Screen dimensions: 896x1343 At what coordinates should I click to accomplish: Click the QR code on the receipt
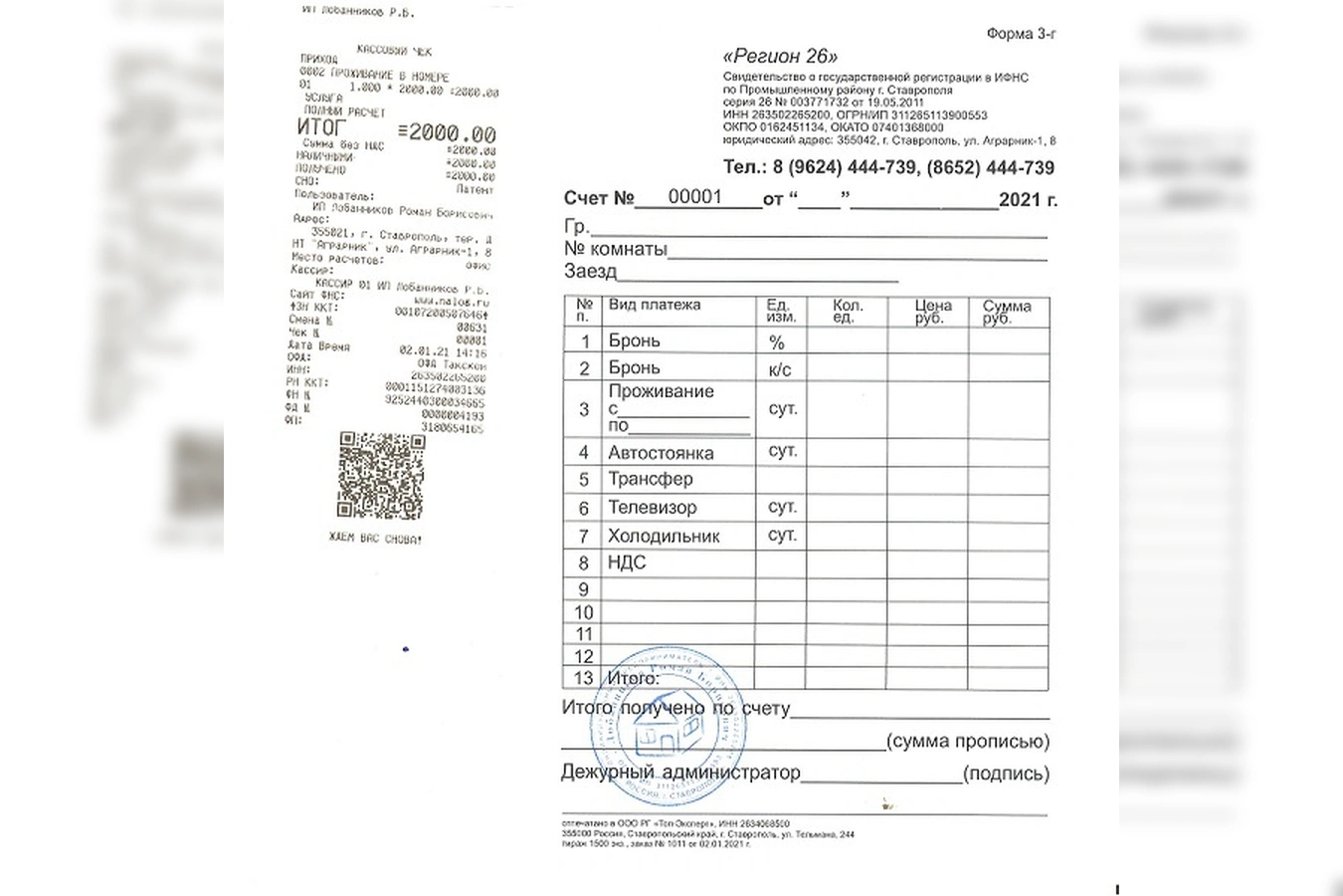[x=381, y=475]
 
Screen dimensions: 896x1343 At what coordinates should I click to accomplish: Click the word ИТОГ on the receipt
[x=321, y=127]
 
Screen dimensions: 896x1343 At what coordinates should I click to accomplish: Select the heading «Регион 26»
[x=780, y=57]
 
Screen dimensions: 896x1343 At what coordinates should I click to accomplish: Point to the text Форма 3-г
[x=1021, y=34]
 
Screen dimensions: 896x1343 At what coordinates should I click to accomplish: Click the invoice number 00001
[x=694, y=196]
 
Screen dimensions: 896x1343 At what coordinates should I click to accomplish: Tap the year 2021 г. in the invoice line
[x=1027, y=199]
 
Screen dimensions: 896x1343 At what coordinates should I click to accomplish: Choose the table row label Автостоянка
[x=661, y=453]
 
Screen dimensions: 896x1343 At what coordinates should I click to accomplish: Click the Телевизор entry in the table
[x=652, y=508]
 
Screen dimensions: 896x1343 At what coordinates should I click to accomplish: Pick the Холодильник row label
[x=664, y=536]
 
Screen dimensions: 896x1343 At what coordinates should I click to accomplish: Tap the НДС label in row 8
[x=627, y=562]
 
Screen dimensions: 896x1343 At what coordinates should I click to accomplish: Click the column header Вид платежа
[x=655, y=305]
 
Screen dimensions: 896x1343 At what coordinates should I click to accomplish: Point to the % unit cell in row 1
[x=777, y=341]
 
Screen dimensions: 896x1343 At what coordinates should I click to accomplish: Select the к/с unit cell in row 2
[x=780, y=369]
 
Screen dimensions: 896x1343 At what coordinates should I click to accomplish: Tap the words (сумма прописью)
[x=967, y=742]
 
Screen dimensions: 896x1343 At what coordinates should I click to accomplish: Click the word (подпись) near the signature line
[x=1006, y=774]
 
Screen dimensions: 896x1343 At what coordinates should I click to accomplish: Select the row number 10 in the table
[x=584, y=612]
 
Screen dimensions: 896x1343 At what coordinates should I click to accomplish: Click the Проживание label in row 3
[x=662, y=391]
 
